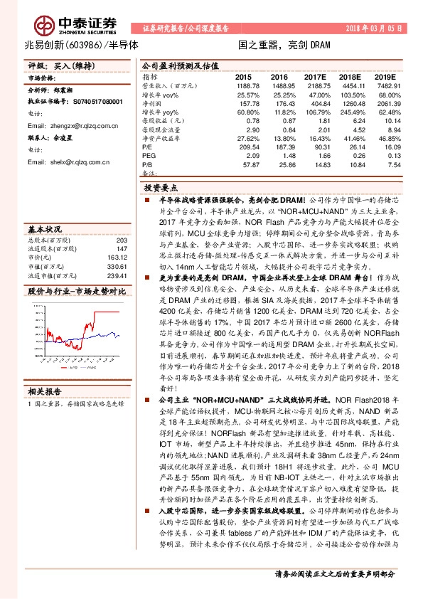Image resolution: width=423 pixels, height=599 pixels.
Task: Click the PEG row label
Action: (x=149, y=154)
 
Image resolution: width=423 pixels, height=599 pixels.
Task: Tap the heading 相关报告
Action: (x=45, y=391)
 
